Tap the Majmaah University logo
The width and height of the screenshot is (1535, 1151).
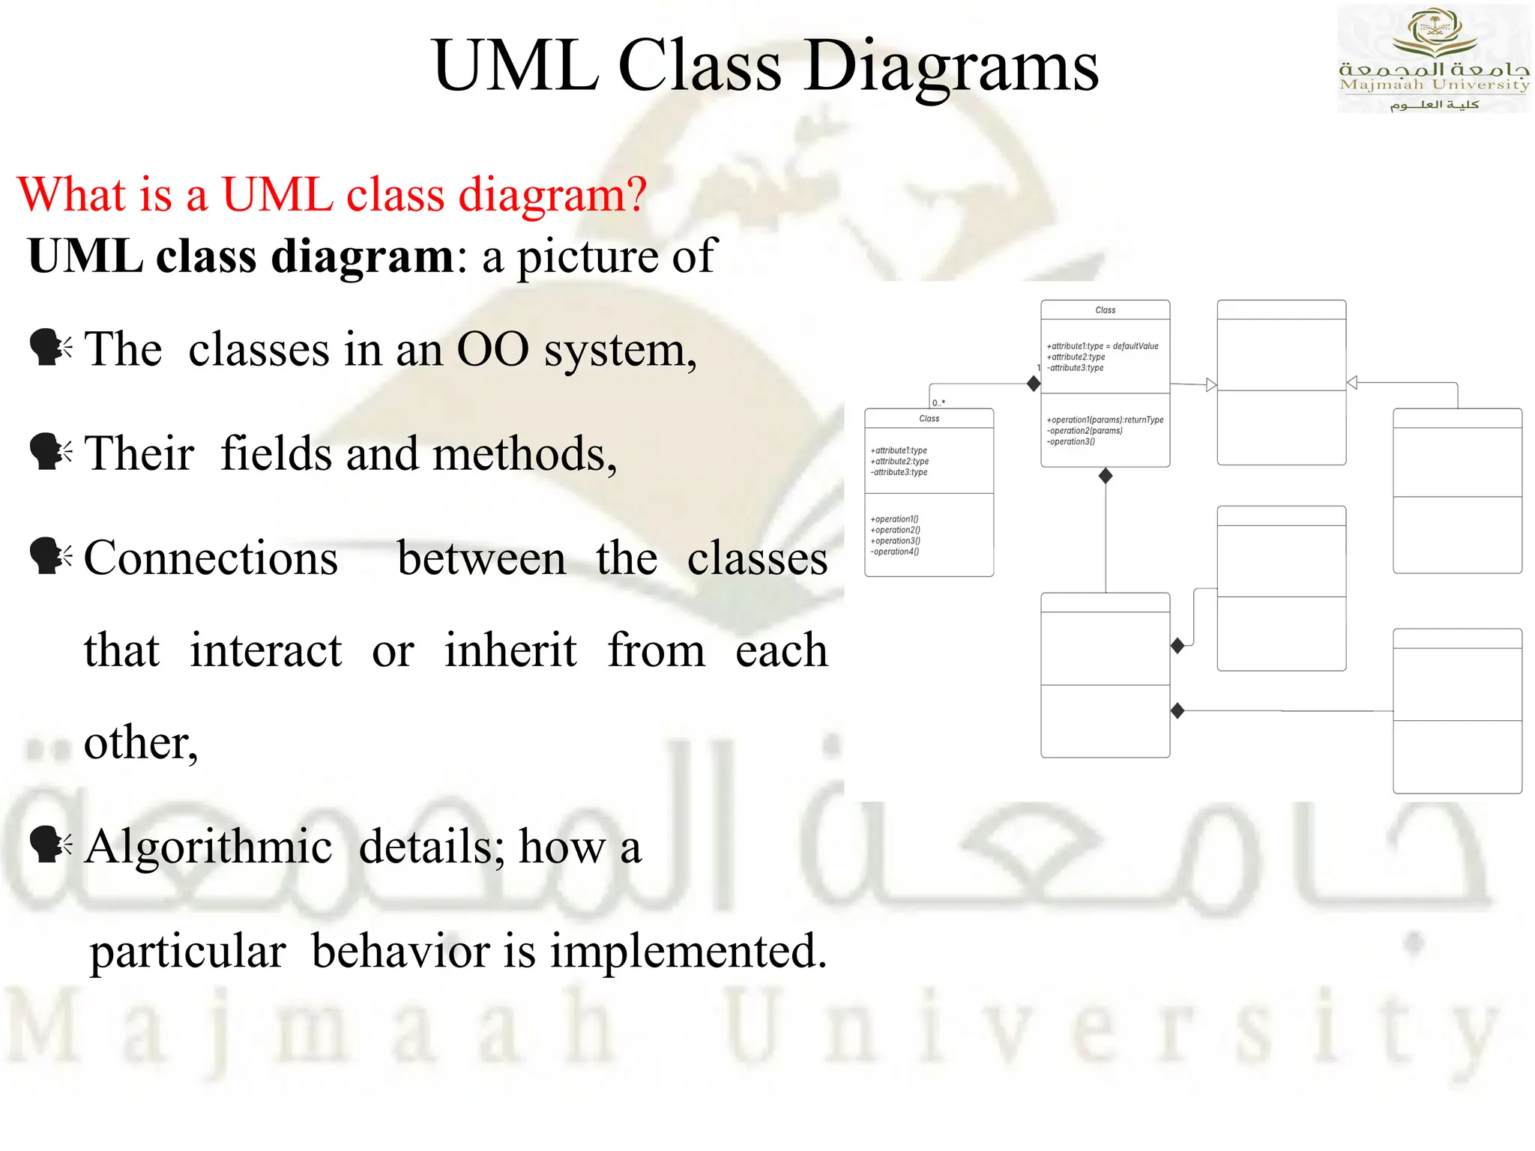tap(1434, 58)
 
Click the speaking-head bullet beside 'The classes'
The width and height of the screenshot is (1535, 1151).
tap(50, 348)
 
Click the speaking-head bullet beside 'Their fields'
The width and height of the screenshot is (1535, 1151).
tap(50, 453)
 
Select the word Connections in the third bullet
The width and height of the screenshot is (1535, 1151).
tap(211, 558)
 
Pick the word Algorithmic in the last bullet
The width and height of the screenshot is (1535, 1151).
tap(208, 847)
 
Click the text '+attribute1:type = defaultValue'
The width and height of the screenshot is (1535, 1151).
tap(1102, 346)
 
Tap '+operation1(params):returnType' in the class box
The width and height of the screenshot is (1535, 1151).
tap(1104, 420)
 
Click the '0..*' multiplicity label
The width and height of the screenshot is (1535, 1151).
tap(938, 402)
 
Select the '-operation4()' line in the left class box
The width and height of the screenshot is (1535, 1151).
tap(895, 552)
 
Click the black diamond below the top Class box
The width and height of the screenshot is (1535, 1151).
tap(1106, 476)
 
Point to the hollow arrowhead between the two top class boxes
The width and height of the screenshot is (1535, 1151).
tap(1211, 385)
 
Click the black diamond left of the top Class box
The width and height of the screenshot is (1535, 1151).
tap(1034, 384)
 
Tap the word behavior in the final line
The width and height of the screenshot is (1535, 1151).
tap(402, 951)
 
